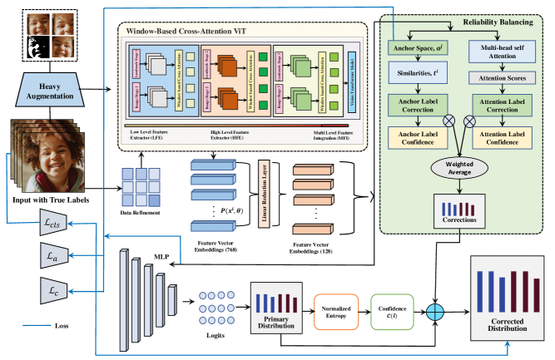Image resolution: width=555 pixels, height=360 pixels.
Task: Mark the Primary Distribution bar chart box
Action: (x=275, y=308)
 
